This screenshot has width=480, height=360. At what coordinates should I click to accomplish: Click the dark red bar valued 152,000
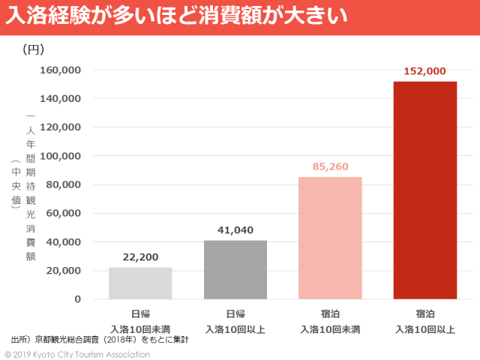tap(424, 190)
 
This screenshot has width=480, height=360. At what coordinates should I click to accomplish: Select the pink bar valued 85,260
tap(330, 238)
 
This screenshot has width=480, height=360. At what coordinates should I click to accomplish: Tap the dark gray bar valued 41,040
tap(235, 269)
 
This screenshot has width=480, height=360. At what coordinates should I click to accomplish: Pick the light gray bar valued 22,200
tap(140, 283)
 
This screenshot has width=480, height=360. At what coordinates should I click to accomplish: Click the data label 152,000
tap(424, 71)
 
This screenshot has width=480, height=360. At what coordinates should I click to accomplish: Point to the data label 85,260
tap(330, 166)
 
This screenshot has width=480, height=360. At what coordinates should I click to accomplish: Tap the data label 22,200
tap(140, 257)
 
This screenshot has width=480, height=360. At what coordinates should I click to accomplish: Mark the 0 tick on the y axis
tap(77, 299)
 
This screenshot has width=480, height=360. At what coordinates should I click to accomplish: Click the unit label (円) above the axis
tap(34, 49)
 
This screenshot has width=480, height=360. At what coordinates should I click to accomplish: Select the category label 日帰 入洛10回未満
tap(140, 321)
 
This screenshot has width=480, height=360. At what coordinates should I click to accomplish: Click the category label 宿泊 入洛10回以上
tap(424, 321)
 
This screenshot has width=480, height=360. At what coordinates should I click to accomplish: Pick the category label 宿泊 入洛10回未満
tap(330, 321)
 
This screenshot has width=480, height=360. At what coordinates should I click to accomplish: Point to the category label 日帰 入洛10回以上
tap(235, 321)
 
